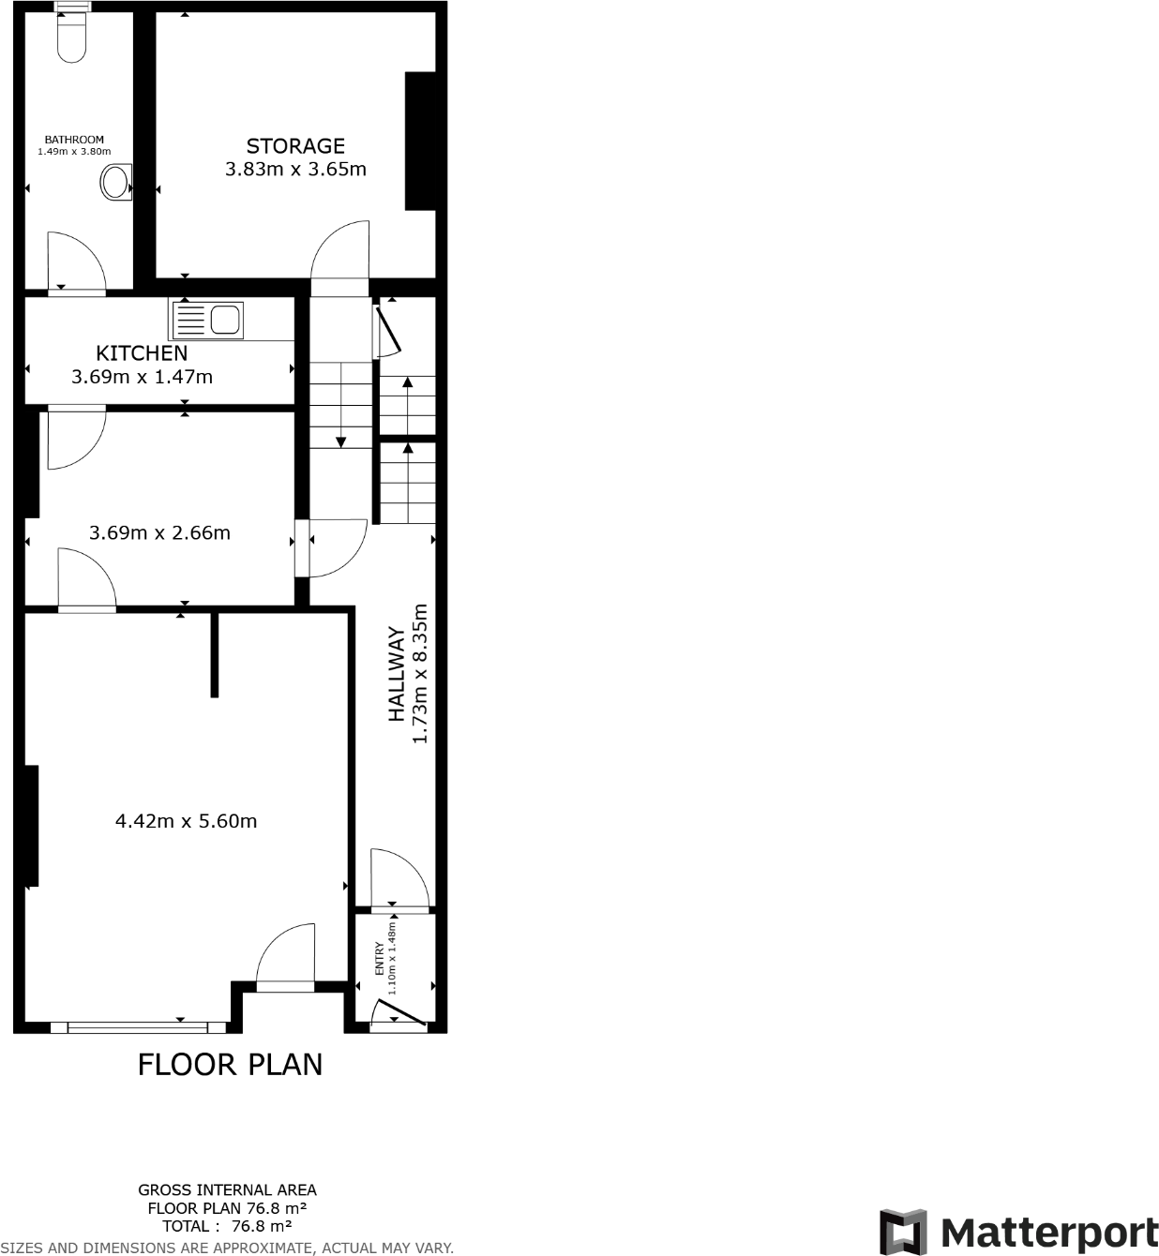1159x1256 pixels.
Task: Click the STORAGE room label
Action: [295, 146]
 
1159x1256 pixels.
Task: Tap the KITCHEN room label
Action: [142, 353]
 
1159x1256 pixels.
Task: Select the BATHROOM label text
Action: [74, 140]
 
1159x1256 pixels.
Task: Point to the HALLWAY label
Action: [398, 675]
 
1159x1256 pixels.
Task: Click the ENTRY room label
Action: [380, 959]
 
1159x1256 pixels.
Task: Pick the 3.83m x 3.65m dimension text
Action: [295, 170]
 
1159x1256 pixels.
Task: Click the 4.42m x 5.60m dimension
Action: [186, 821]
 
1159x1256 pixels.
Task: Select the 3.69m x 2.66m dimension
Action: [159, 532]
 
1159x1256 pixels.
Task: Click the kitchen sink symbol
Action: [206, 320]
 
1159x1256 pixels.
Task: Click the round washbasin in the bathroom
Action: [116, 182]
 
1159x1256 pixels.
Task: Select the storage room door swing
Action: [339, 251]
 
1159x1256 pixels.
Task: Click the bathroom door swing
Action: [75, 262]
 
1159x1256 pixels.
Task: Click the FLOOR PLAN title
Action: [230, 1065]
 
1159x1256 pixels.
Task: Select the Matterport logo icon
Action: [902, 1232]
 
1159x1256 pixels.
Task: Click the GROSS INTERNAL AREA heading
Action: [227, 1190]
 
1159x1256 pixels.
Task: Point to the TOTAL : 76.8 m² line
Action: [227, 1226]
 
